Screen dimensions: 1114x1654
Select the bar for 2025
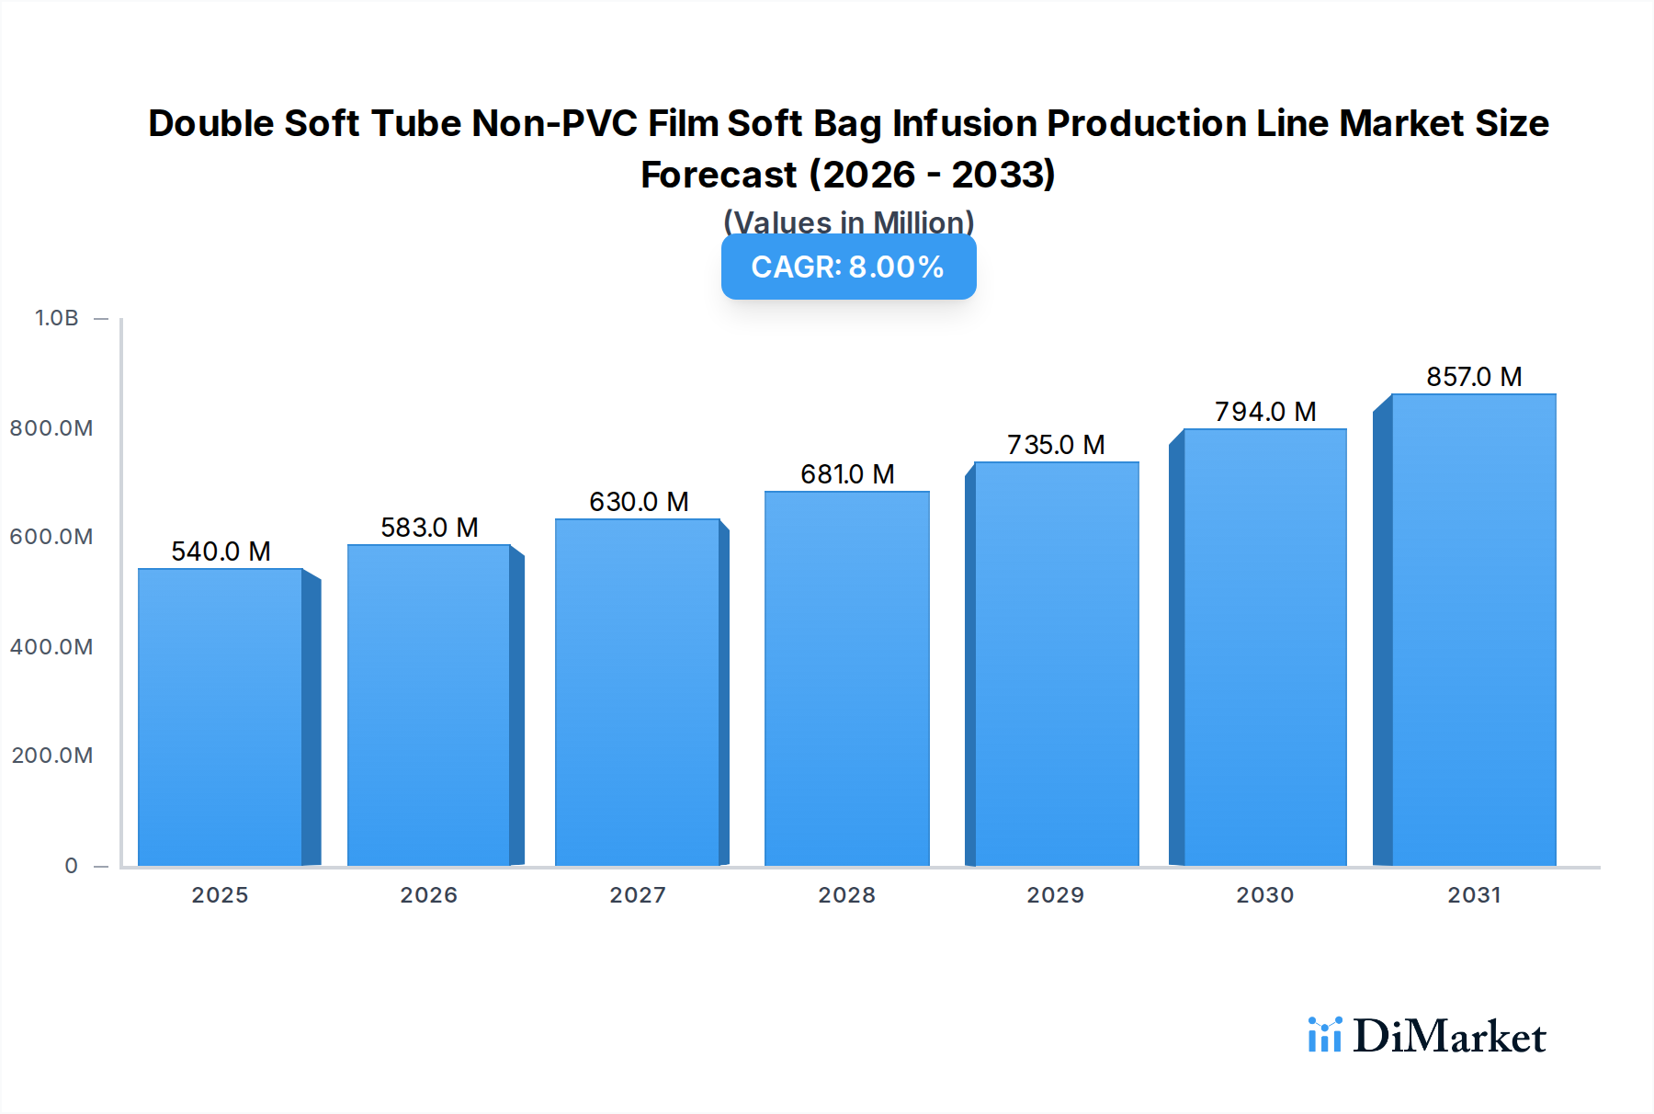pyautogui.click(x=221, y=717)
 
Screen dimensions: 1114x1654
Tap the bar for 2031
pyautogui.click(x=1473, y=630)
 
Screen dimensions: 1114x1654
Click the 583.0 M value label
pyautogui.click(x=429, y=528)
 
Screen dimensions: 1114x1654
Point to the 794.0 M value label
pyautogui.click(x=1265, y=412)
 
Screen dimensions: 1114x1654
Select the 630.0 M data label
pyautogui.click(x=639, y=502)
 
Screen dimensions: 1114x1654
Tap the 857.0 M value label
pyautogui.click(x=1474, y=377)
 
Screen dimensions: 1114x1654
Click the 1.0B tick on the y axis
pyautogui.click(x=57, y=318)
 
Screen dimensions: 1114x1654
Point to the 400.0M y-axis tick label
pyautogui.click(x=51, y=647)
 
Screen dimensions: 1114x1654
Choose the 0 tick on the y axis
pyautogui.click(x=72, y=866)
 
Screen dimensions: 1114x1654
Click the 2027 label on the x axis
pyautogui.click(x=638, y=895)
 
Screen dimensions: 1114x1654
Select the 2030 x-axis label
pyautogui.click(x=1264, y=895)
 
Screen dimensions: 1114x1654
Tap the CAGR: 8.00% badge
pyautogui.click(x=848, y=267)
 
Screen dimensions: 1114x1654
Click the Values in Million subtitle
pyautogui.click(x=848, y=222)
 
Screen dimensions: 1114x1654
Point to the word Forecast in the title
pyautogui.click(x=719, y=175)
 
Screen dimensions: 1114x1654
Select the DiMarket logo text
pyautogui.click(x=1448, y=1037)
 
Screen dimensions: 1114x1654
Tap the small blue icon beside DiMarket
pyautogui.click(x=1324, y=1035)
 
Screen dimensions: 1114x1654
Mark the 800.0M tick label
pyautogui.click(x=51, y=428)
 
